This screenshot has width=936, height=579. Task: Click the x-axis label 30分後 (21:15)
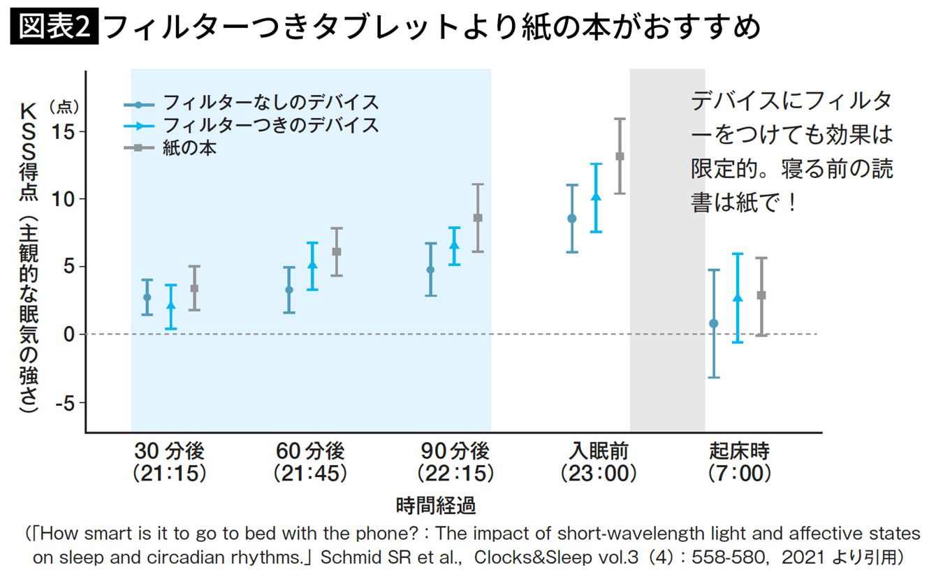click(x=170, y=461)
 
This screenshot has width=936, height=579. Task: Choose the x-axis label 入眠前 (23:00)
click(x=599, y=461)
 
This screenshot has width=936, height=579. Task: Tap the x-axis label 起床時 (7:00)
click(x=739, y=461)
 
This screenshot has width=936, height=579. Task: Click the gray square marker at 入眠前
click(x=620, y=156)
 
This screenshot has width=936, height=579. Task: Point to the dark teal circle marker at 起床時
click(x=713, y=323)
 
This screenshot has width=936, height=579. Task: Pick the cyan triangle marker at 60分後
click(x=312, y=265)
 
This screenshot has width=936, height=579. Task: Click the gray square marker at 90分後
click(x=478, y=218)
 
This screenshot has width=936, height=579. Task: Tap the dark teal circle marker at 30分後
click(x=147, y=297)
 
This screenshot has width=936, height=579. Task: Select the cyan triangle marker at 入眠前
click(x=596, y=197)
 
